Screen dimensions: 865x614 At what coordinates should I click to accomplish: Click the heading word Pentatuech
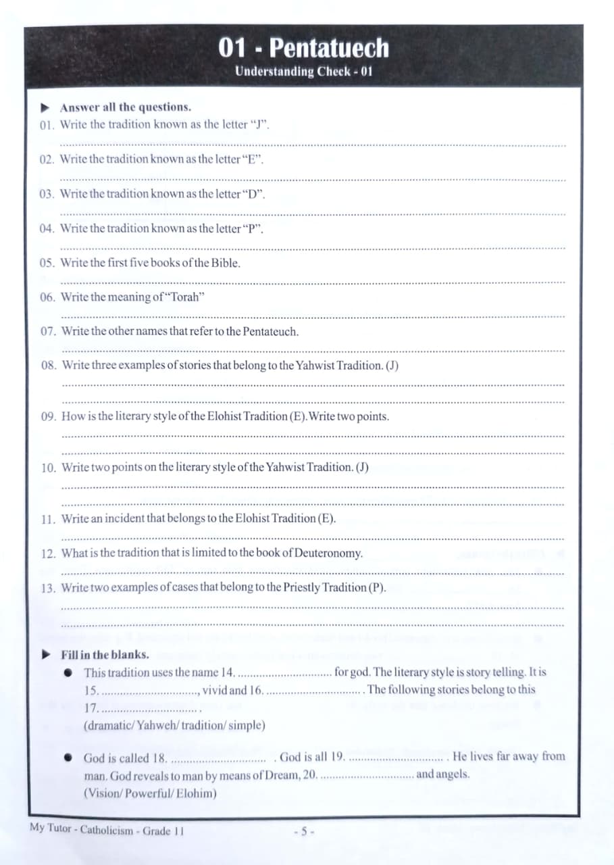[x=328, y=48]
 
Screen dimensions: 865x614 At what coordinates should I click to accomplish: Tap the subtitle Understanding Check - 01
[x=304, y=72]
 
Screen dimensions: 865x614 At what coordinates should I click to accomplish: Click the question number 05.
[x=47, y=264]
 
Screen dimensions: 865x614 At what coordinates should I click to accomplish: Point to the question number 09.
[x=48, y=416]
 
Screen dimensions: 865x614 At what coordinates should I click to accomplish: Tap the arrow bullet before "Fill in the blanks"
[x=46, y=654]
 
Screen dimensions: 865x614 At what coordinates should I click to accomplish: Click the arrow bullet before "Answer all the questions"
[x=45, y=107]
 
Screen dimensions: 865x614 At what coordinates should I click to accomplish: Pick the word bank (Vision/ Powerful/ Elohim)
[x=150, y=793]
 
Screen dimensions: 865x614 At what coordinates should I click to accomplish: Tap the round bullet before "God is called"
[x=68, y=758]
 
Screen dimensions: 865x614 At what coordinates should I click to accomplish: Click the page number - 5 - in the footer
[x=305, y=831]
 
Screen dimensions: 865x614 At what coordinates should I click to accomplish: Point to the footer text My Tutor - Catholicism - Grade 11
[x=107, y=830]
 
